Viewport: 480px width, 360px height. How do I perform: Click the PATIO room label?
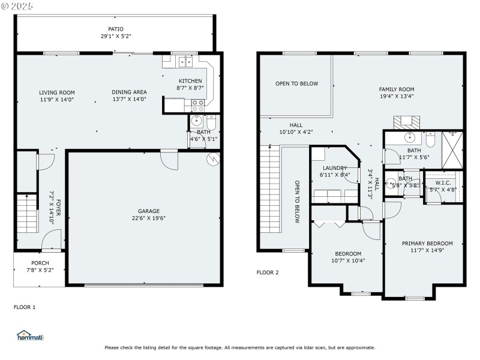click(115, 28)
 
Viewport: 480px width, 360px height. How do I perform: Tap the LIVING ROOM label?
click(57, 92)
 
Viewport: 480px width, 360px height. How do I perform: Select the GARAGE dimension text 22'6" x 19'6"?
click(148, 218)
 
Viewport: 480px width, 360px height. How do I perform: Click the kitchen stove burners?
click(197, 106)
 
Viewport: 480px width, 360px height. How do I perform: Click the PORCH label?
click(40, 263)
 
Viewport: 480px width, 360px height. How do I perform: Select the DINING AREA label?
click(129, 92)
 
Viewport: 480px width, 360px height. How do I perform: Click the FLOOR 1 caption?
click(25, 307)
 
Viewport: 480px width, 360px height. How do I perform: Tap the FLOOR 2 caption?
click(268, 272)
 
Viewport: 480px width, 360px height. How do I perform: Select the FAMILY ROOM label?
click(396, 89)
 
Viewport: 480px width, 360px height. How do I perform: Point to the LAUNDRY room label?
click(335, 168)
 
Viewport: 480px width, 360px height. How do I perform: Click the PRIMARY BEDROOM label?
click(427, 243)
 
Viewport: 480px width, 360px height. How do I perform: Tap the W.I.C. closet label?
click(443, 182)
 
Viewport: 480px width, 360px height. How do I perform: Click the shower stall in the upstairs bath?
click(452, 149)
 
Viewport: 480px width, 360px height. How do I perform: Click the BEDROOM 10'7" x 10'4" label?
click(348, 253)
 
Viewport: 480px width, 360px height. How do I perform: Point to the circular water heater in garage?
click(212, 158)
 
